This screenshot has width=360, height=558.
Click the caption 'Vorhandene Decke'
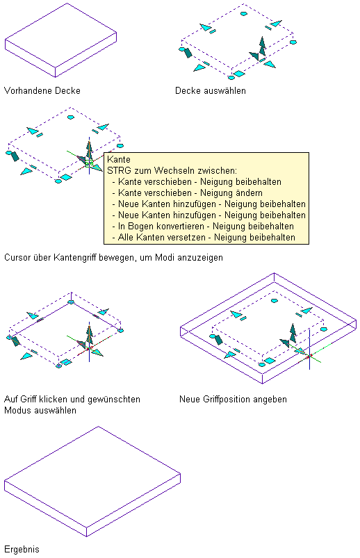point(42,91)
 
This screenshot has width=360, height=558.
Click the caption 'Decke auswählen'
point(211,91)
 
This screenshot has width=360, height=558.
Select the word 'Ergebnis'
point(22,550)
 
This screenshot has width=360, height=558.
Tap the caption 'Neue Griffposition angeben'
point(233,400)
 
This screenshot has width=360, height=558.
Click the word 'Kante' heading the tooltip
point(119,159)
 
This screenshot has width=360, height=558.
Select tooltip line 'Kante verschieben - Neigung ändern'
point(190,193)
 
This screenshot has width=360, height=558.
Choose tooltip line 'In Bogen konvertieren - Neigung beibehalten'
point(206,227)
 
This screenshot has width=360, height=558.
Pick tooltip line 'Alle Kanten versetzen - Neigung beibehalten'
point(206,238)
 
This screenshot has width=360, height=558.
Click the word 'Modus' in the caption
point(15,410)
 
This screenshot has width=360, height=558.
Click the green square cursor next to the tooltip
point(89,163)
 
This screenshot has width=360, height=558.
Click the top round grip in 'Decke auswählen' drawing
point(243,14)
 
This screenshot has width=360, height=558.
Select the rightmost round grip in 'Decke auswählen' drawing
point(293,42)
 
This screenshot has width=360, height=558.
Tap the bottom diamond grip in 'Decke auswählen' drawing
point(239,74)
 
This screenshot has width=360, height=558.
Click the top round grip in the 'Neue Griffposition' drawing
point(275,301)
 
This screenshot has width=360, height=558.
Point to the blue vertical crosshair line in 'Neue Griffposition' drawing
point(309,349)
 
